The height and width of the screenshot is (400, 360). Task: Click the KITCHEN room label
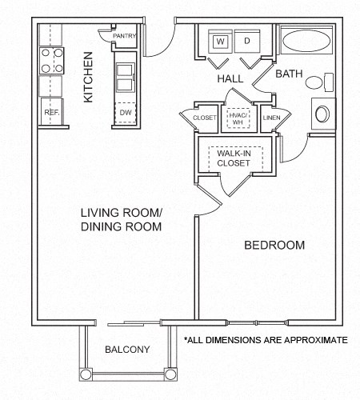(89, 78)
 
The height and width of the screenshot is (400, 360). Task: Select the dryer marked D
(246, 40)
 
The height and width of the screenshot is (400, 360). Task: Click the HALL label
(231, 80)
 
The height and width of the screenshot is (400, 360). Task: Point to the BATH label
(288, 74)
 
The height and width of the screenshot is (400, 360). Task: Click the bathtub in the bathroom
(306, 42)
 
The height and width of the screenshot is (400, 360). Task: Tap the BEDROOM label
(274, 245)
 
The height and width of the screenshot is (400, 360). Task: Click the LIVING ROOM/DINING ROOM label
(121, 219)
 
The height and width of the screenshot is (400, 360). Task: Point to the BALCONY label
(127, 350)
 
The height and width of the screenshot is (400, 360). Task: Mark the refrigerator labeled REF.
(52, 113)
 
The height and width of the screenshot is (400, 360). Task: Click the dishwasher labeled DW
(126, 114)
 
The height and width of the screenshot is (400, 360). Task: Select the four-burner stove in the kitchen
(52, 62)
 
